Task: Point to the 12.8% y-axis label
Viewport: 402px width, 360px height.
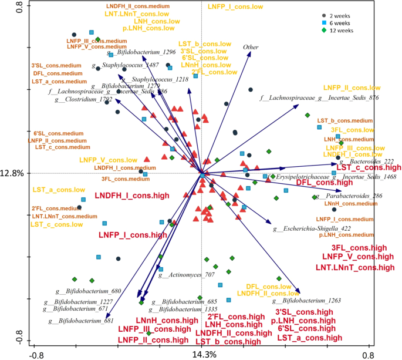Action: pyautogui.click(x=13, y=173)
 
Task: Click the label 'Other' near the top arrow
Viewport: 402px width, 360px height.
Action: pyautogui.click(x=251, y=46)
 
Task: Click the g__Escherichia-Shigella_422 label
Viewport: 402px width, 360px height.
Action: pyautogui.click(x=312, y=228)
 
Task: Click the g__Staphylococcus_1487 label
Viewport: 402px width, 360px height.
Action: pyautogui.click(x=125, y=65)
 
